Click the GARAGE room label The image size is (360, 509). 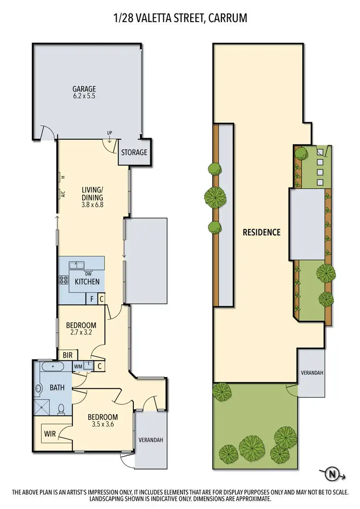(84, 89)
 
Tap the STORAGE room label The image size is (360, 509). (134, 153)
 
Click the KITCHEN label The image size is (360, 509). (87, 282)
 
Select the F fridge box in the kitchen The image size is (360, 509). (92, 299)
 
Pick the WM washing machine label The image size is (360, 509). (78, 367)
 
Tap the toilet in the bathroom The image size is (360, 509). (61, 410)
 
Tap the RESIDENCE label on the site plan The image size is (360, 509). (261, 233)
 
